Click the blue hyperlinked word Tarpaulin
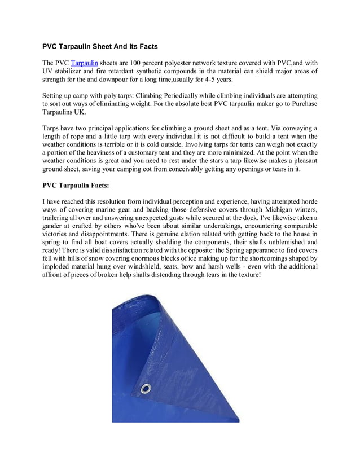[84, 62]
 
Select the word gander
[55, 227]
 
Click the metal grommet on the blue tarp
[147, 388]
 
